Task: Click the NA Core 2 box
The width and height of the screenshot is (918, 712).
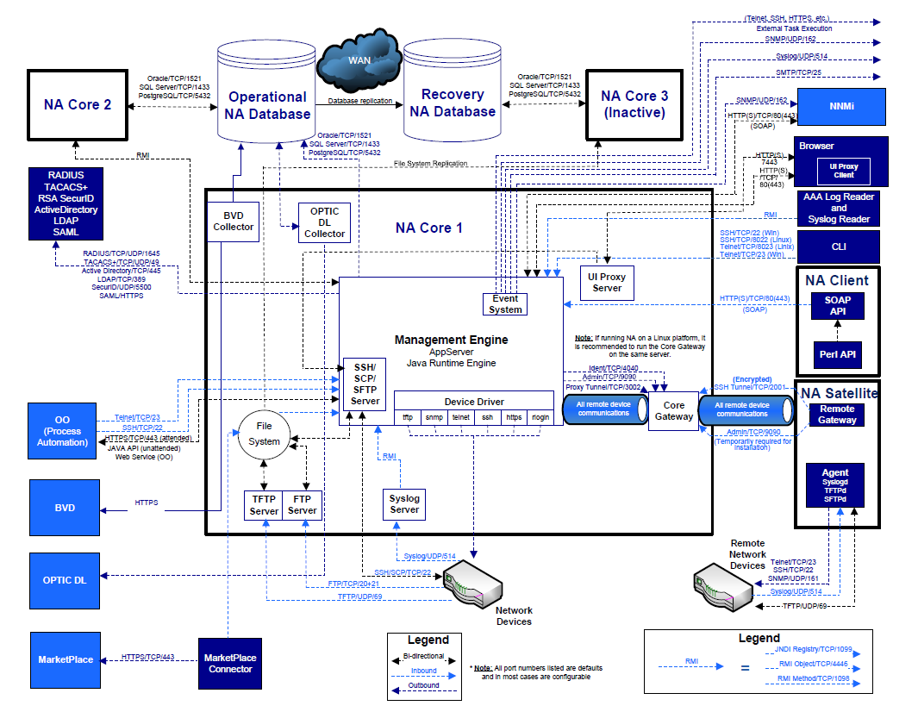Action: click(x=77, y=104)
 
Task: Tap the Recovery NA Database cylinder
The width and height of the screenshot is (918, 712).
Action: click(x=453, y=103)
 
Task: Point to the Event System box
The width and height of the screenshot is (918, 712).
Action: click(x=504, y=303)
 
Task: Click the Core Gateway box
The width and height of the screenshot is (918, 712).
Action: click(x=673, y=410)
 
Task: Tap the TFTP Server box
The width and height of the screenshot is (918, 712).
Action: click(x=264, y=505)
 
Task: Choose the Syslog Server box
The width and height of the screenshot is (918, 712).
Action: click(x=404, y=504)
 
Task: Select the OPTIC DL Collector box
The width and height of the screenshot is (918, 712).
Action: click(x=324, y=222)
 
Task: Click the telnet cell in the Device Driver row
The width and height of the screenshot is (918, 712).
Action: click(x=460, y=416)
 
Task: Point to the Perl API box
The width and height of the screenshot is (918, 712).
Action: click(x=836, y=354)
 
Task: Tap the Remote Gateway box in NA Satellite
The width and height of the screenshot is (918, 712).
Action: click(x=837, y=415)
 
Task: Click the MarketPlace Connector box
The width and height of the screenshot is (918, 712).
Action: click(x=230, y=663)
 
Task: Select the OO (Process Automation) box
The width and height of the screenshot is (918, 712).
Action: click(x=62, y=431)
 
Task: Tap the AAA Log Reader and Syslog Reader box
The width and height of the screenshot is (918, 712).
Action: click(x=838, y=208)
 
